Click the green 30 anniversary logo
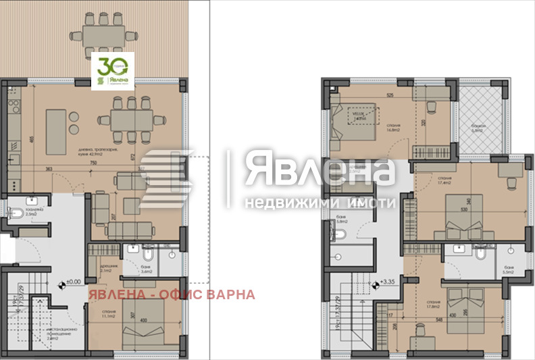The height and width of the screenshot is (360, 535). point(113,71)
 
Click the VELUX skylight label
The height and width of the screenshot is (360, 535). point(357,113)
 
